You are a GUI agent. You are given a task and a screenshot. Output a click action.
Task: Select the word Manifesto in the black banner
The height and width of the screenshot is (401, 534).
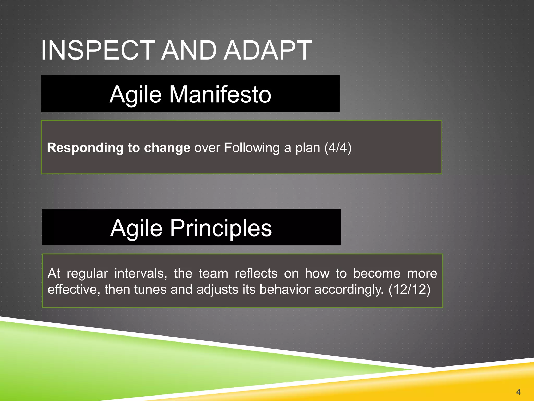pyautogui.click(x=220, y=95)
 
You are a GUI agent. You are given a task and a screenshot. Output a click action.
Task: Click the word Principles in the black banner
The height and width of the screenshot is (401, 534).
pyautogui.click(x=221, y=228)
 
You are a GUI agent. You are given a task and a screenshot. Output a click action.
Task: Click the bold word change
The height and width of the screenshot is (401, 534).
pyautogui.click(x=167, y=148)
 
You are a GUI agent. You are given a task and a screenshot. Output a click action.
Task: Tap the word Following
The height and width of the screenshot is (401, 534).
pyautogui.click(x=252, y=148)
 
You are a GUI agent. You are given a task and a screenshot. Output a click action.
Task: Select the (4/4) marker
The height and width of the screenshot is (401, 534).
pyautogui.click(x=338, y=148)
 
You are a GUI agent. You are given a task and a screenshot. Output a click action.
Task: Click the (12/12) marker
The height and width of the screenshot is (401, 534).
pyautogui.click(x=409, y=290)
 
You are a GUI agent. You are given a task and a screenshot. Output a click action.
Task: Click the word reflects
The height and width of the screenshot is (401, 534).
pyautogui.click(x=256, y=274)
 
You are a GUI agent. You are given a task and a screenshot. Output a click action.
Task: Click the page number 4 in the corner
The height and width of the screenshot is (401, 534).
pyautogui.click(x=518, y=392)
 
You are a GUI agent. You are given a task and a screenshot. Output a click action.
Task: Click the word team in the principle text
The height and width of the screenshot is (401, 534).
pyautogui.click(x=213, y=274)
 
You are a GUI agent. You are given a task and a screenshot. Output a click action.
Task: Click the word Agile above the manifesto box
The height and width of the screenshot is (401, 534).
pyautogui.click(x=136, y=95)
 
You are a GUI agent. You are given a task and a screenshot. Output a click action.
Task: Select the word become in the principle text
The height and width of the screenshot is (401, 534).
pyautogui.click(x=377, y=274)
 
